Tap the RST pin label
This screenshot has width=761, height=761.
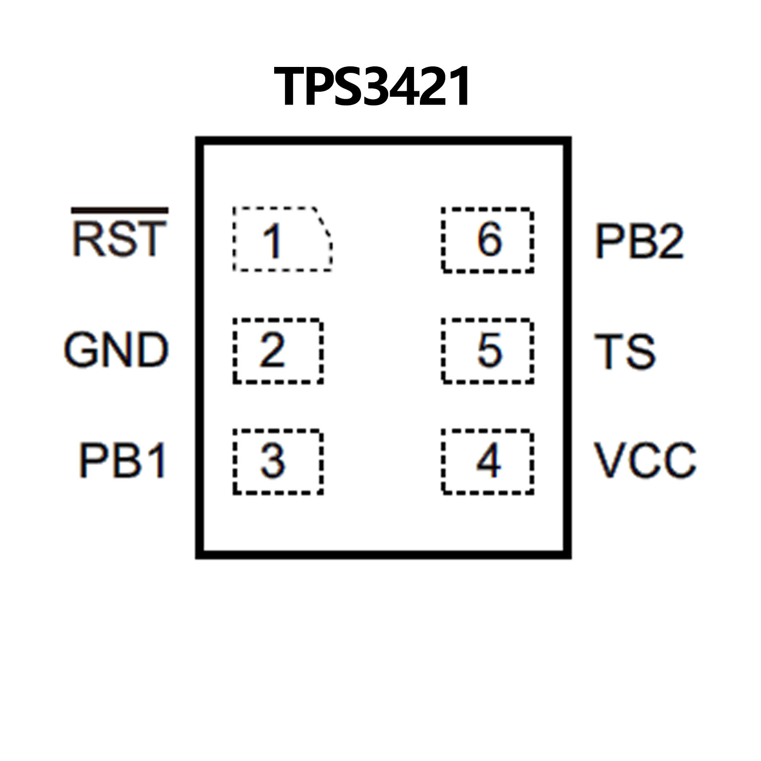click(x=119, y=239)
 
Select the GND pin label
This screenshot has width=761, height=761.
click(x=117, y=350)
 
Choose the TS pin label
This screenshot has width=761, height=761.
click(x=625, y=351)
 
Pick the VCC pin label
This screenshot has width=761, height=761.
click(x=645, y=461)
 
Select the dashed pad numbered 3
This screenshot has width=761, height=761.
click(x=278, y=462)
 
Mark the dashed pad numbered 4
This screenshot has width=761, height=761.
click(x=487, y=462)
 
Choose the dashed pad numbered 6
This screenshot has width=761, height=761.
click(x=487, y=240)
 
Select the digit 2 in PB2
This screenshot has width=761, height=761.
click(x=669, y=241)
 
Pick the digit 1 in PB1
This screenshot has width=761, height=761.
click(x=157, y=461)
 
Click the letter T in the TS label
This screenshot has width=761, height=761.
click(x=609, y=351)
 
